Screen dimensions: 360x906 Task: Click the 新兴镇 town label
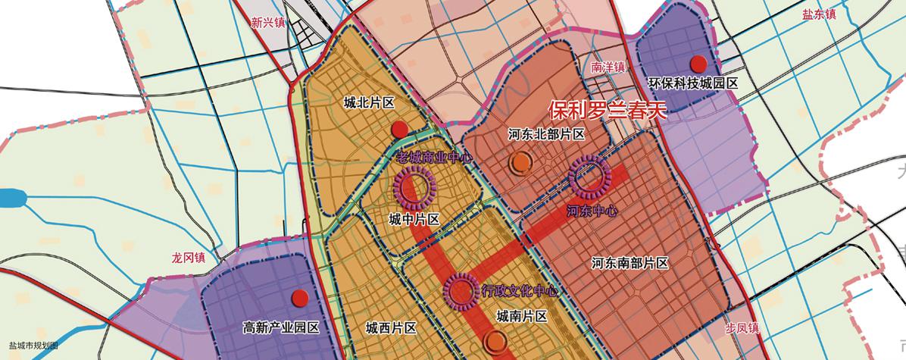click(268, 23)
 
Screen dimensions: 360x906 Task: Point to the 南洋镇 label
click(608, 67)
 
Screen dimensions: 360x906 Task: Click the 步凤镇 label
click(742, 327)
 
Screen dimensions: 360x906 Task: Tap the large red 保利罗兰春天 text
click(606, 111)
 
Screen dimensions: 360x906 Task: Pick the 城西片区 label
click(391, 328)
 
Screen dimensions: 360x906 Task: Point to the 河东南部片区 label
click(630, 263)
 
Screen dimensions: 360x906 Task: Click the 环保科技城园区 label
click(693, 84)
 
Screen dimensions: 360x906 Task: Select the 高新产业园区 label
click(282, 328)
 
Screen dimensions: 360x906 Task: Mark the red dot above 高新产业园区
click(301, 299)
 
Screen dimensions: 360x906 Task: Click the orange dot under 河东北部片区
click(520, 161)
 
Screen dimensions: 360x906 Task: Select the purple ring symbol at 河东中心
click(589, 176)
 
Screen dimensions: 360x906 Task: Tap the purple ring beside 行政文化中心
click(460, 290)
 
